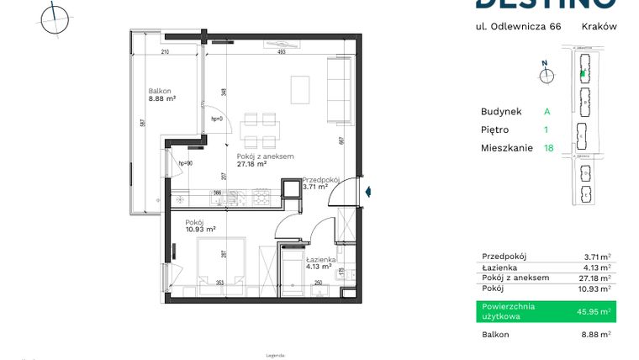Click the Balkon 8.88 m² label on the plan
point(161,95)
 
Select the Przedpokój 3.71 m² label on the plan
point(320,183)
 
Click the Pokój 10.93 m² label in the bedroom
point(200,225)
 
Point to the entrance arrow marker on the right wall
point(367,192)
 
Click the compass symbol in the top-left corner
point(55,18)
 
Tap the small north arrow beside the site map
point(547,74)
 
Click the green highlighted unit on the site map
point(582,73)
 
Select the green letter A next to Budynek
point(547,111)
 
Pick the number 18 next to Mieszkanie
point(549,148)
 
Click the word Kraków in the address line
point(599,26)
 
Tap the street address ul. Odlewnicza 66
point(518,26)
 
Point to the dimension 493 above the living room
point(282,52)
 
